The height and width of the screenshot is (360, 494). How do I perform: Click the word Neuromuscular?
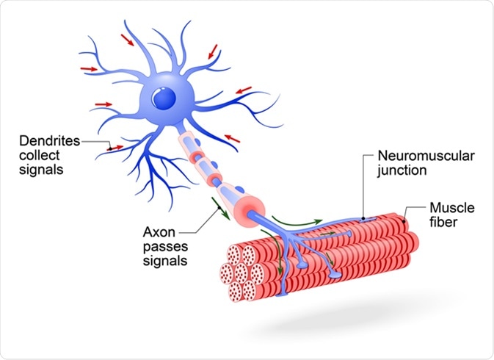416,156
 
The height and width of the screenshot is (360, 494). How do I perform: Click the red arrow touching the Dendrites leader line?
111,147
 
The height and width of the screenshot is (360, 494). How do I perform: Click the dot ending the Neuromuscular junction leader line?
364,218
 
